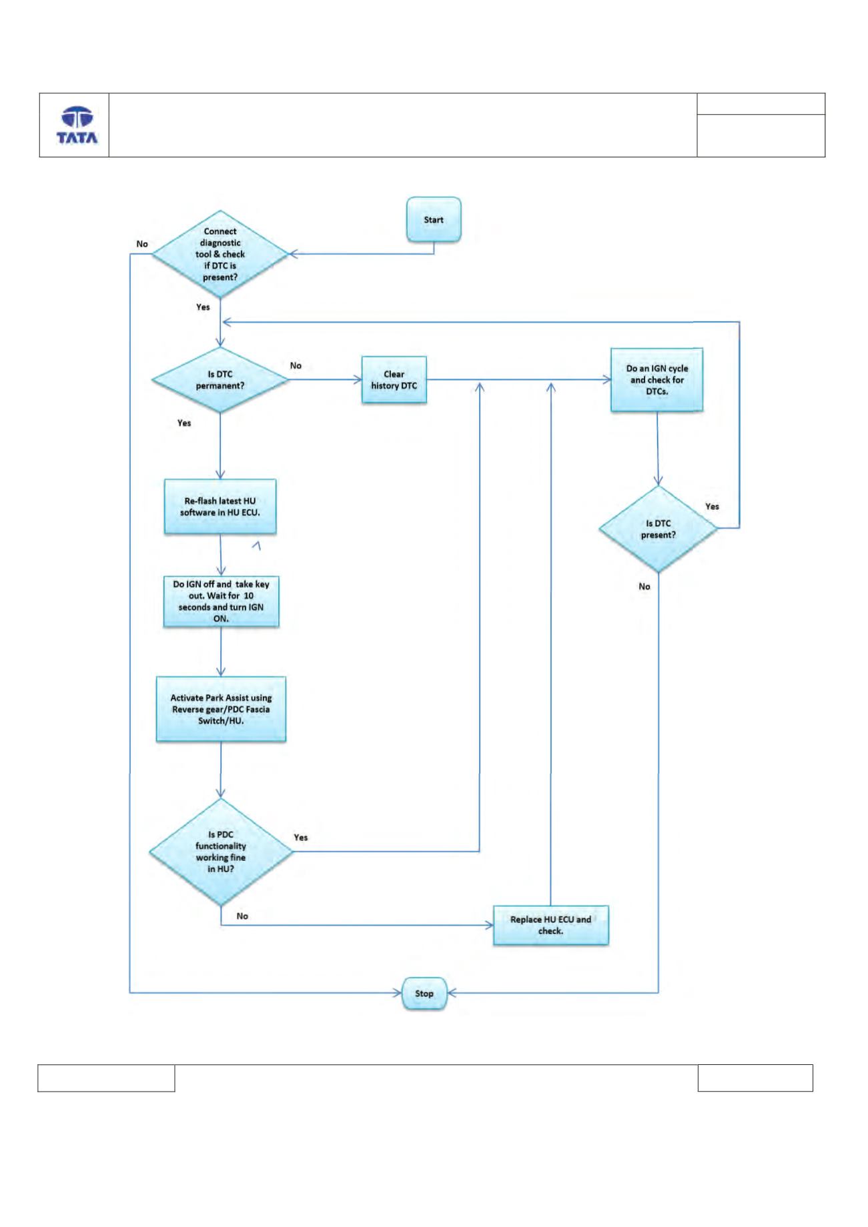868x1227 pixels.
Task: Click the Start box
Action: coord(434,219)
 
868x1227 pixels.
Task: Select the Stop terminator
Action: coord(424,994)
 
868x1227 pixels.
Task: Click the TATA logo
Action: coord(77,125)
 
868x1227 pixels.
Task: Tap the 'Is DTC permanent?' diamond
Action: coord(220,380)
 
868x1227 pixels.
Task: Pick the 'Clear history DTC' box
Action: coord(394,380)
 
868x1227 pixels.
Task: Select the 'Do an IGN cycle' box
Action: coord(657,380)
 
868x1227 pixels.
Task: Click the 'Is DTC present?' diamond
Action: coord(659,529)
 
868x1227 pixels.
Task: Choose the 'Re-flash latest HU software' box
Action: coord(220,507)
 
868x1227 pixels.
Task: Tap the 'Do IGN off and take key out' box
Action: coord(221,601)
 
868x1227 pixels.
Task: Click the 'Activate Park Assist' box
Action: coord(221,710)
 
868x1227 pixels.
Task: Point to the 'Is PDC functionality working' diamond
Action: coord(221,852)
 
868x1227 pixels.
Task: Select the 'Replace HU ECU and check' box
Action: coord(551,925)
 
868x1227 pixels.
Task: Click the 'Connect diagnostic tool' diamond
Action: coord(220,254)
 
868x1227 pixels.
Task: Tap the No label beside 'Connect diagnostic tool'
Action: coord(142,244)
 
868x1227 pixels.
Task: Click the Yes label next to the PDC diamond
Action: coord(301,838)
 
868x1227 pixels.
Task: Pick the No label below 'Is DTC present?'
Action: coord(644,587)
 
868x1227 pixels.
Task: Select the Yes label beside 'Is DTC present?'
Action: coord(713,507)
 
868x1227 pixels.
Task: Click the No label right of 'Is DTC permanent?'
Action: coord(296,365)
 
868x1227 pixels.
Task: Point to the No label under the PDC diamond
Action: coord(242,916)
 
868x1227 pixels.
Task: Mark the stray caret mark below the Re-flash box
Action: coord(256,547)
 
